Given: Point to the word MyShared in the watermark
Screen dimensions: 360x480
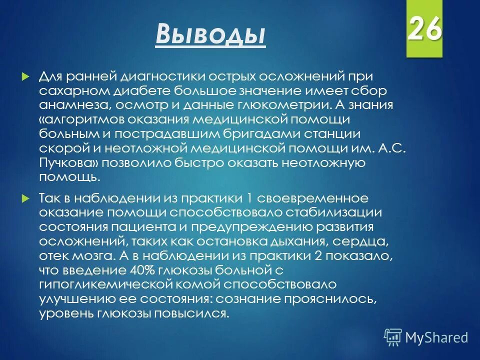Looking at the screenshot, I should click(436, 337).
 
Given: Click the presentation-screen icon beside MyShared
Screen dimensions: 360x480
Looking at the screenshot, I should click(393, 337).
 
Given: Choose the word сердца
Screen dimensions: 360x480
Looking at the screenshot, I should click(360, 241).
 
